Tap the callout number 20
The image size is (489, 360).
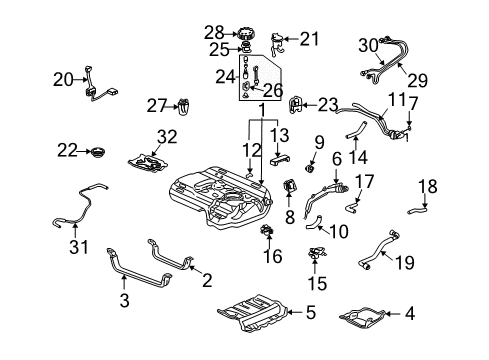pyautogui.click(x=62, y=79)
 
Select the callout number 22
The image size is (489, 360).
pyautogui.click(x=66, y=150)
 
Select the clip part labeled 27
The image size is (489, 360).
pyautogui.click(x=183, y=104)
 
